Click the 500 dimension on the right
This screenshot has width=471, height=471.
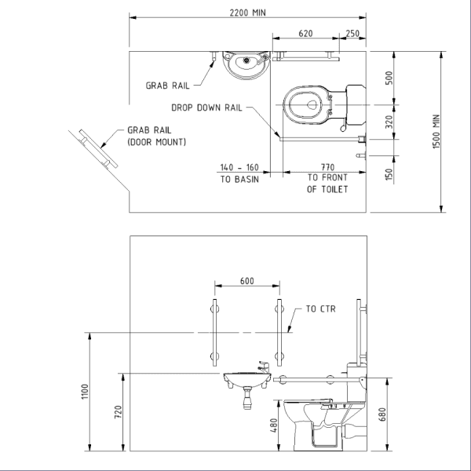point(389,78)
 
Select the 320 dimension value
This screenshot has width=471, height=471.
point(389,122)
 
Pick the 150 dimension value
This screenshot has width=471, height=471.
point(389,173)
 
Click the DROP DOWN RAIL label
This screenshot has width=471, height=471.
point(207,108)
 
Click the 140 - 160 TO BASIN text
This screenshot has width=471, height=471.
point(239,173)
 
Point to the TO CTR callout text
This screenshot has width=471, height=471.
point(321,309)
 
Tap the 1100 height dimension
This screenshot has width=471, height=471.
point(85,391)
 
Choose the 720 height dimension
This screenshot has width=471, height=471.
point(115,411)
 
